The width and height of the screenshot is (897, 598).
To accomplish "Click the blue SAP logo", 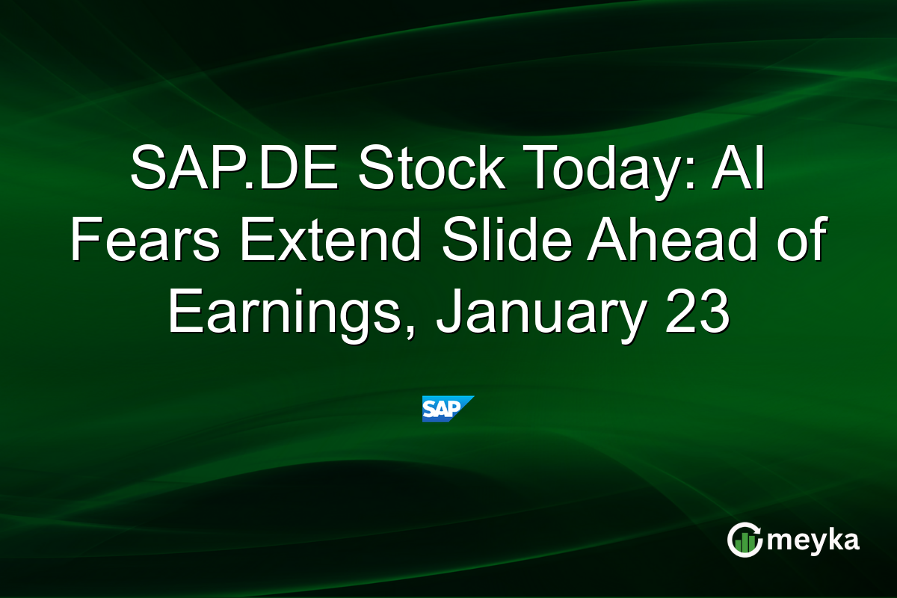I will coord(448,408).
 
